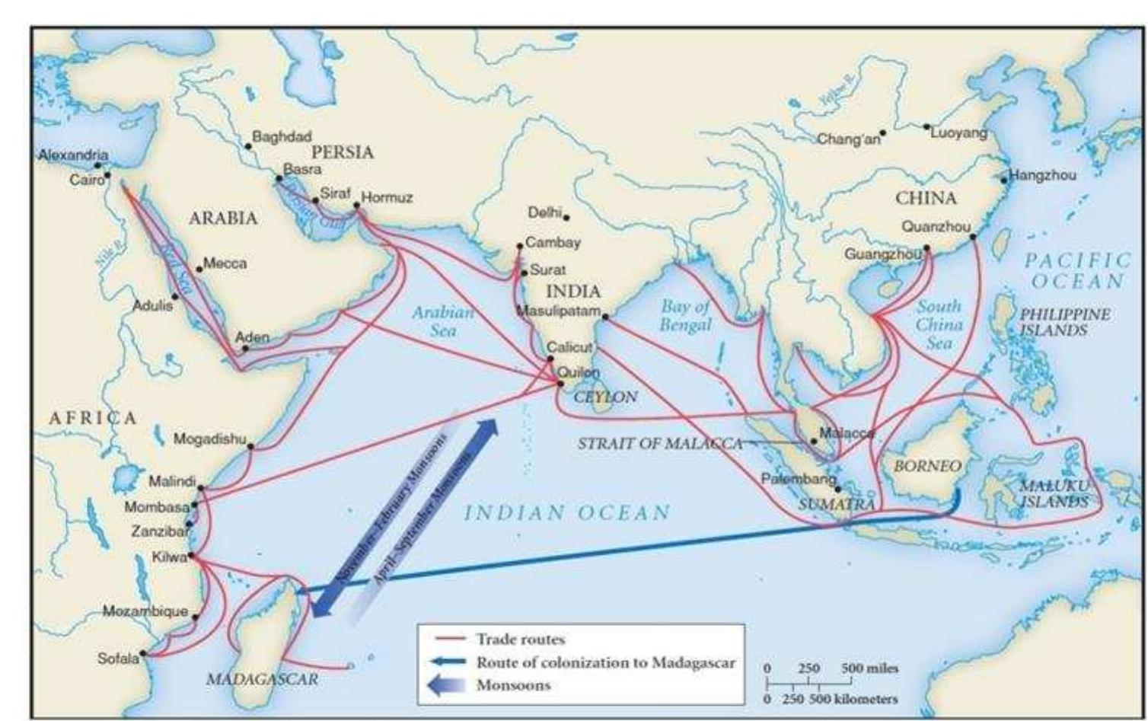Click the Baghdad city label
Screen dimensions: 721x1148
[x=281, y=137]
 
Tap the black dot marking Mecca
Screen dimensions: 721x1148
[x=199, y=268]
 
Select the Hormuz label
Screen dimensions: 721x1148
[x=387, y=198]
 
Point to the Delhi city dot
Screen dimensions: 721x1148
[x=566, y=218]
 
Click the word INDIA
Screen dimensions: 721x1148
[x=573, y=292]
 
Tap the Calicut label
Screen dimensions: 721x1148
[x=569, y=347]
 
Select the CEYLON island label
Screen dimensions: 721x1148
[x=605, y=397]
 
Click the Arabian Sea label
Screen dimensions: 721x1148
[x=443, y=321]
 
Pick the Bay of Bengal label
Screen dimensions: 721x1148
[x=684, y=315]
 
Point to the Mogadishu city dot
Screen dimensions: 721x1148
[x=251, y=447]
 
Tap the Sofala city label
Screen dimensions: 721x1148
[x=118, y=659]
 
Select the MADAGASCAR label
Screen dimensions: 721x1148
[x=262, y=679]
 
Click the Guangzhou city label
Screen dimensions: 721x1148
[x=882, y=254]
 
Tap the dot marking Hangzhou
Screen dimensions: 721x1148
[x=1004, y=180]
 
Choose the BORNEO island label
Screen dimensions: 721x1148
[x=926, y=466]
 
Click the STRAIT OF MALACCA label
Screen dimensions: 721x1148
[x=660, y=444]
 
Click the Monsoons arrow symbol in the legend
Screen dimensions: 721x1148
[x=448, y=685]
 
